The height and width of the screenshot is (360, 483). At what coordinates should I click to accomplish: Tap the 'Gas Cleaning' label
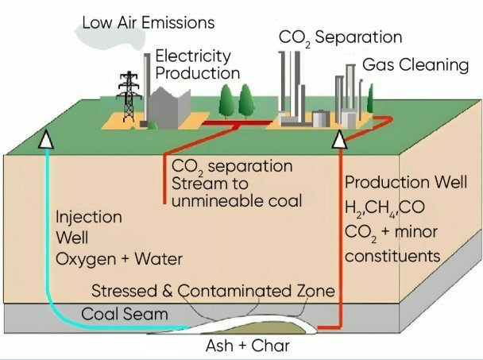click(x=415, y=64)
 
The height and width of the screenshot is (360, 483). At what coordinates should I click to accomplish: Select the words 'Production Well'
click(x=393, y=183)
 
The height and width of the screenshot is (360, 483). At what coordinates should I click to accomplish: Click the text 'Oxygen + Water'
click(x=118, y=259)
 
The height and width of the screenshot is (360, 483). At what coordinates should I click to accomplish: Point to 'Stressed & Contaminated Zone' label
click(x=213, y=291)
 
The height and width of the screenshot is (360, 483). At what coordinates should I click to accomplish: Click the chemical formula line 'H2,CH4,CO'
click(x=384, y=209)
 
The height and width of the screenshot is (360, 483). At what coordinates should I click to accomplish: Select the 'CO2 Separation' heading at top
click(x=339, y=37)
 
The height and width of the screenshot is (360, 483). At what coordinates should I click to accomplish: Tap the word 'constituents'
click(x=392, y=256)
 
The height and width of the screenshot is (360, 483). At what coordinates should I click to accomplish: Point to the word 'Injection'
click(x=88, y=217)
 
